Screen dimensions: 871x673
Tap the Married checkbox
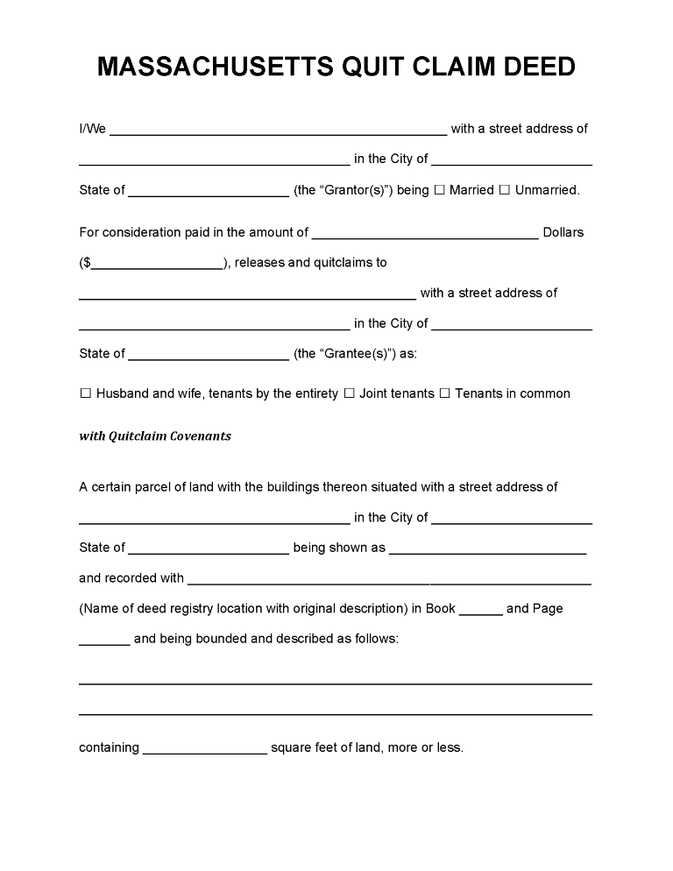tap(440, 190)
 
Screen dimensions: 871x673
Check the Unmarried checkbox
tap(504, 190)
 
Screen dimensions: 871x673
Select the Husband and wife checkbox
tap(85, 394)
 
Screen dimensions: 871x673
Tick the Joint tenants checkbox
tap(349, 394)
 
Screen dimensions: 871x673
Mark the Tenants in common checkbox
tap(444, 394)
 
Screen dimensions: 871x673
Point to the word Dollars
tap(563, 233)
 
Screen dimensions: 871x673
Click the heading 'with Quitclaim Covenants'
tap(155, 436)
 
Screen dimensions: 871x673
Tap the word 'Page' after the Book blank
tap(548, 608)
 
